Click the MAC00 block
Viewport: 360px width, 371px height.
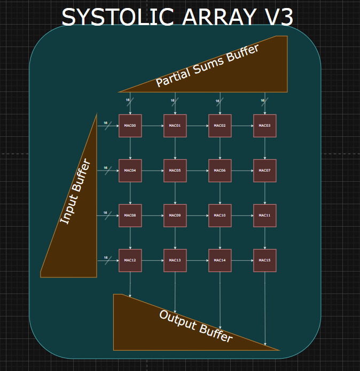(130, 126)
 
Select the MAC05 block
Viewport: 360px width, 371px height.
(175, 171)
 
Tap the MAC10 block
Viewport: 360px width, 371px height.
(220, 215)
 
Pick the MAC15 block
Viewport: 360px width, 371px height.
(265, 260)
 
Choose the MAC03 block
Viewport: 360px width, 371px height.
(265, 126)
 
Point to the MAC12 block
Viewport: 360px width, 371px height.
(130, 260)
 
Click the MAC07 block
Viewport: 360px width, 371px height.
(265, 171)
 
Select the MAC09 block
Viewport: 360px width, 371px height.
(175, 215)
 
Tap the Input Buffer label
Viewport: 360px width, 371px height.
(75, 191)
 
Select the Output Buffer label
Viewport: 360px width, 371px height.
(195, 326)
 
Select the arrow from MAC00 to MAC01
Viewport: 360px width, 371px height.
(153, 126)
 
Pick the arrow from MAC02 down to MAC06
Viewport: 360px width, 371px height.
(220, 148)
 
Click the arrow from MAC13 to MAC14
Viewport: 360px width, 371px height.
(198, 260)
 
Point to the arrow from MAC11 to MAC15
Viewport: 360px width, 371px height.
(265, 238)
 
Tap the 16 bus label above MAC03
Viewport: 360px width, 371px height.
(262, 101)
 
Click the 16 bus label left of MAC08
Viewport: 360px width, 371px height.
(105, 213)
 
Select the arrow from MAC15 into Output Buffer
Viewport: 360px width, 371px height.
(265, 307)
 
